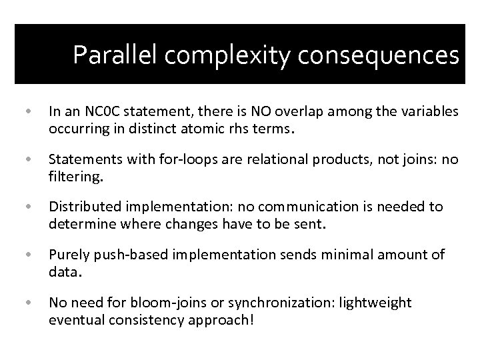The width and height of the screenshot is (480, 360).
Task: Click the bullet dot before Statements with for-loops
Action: tap(25, 159)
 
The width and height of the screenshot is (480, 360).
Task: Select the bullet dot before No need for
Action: tap(25, 303)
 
